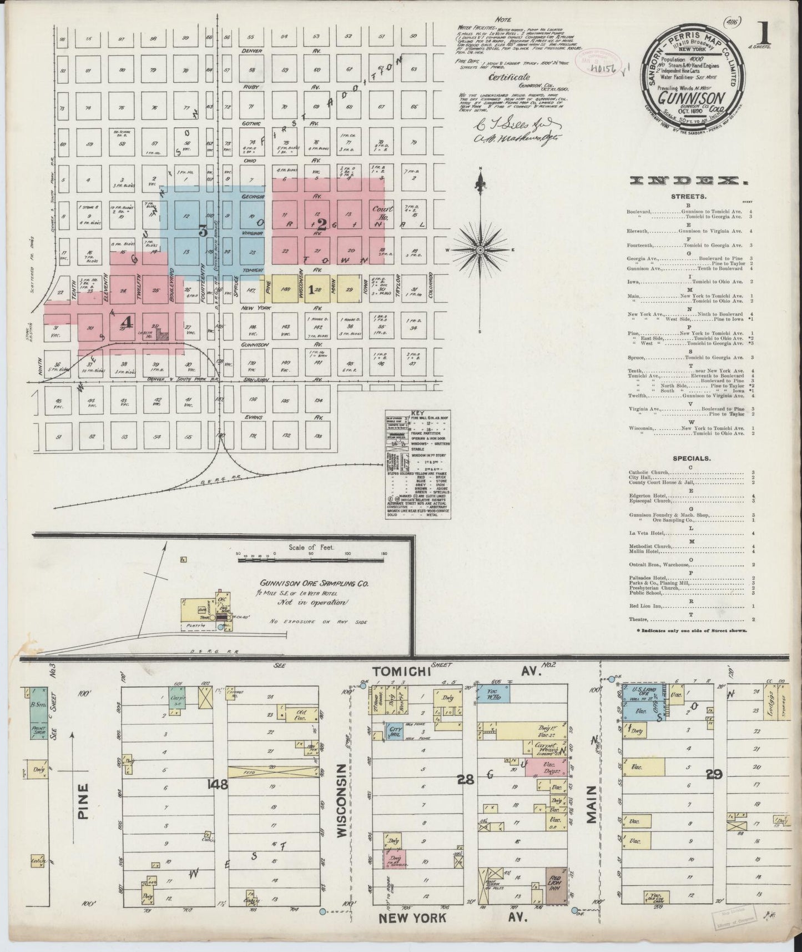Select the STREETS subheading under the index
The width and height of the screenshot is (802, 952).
[689, 196]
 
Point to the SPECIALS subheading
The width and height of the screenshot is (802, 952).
[688, 459]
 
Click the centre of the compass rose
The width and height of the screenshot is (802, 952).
[480, 250]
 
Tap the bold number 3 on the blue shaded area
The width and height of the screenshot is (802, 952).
[203, 232]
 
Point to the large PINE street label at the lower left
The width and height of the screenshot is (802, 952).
[83, 799]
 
